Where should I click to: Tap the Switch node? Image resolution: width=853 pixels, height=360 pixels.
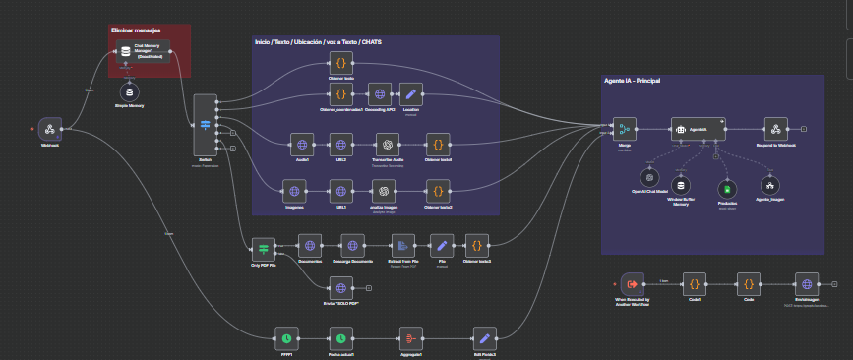[x=206, y=125]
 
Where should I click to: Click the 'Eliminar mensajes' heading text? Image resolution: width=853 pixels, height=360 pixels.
[x=137, y=30]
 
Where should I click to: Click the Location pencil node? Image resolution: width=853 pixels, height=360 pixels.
[x=412, y=95]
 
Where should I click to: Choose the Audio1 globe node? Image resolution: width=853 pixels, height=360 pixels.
[x=303, y=144]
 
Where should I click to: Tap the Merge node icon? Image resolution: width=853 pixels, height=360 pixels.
[x=625, y=128]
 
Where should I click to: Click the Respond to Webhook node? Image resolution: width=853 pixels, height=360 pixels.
[x=776, y=128]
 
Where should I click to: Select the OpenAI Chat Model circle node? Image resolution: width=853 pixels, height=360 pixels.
[x=650, y=178]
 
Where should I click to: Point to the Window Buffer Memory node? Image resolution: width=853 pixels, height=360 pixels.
[x=682, y=185]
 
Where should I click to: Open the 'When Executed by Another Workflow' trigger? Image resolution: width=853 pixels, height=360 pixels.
[x=633, y=283]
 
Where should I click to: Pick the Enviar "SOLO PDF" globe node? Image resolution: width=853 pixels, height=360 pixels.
[x=340, y=286]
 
